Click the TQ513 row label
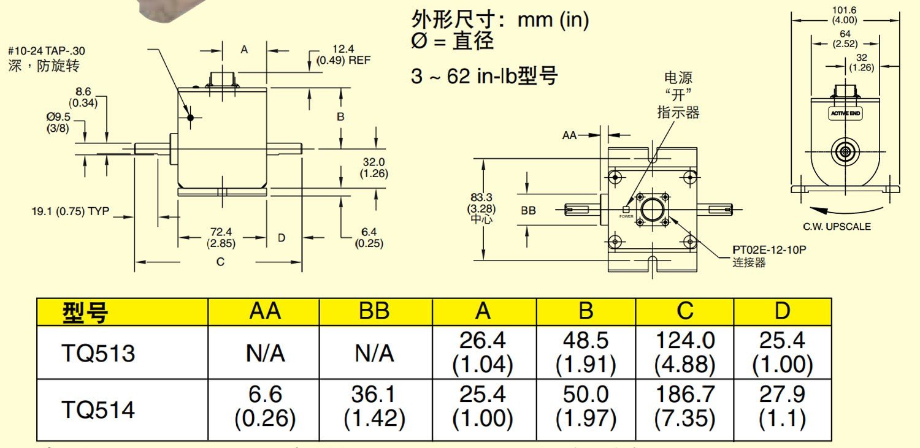(98, 353)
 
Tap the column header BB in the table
(374, 311)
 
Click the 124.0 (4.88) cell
(684, 352)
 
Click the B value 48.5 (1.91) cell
(586, 352)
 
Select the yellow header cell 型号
(86, 313)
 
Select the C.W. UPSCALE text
(837, 226)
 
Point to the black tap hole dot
(191, 117)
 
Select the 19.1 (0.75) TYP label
(71, 211)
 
